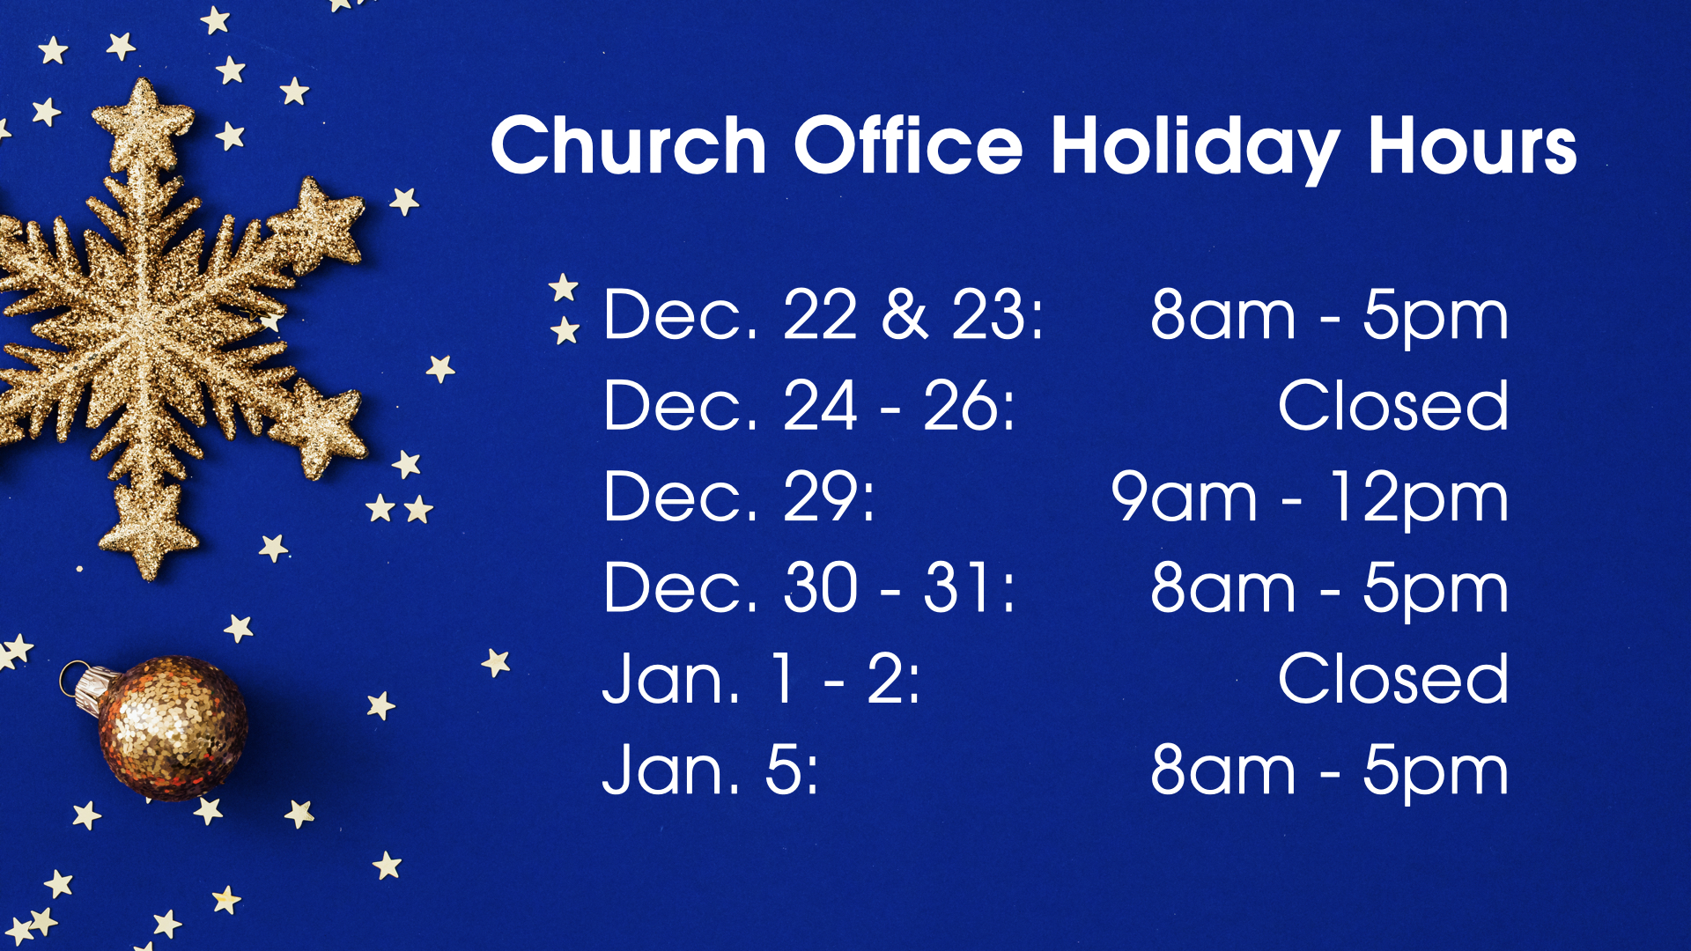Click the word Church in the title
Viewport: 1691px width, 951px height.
[x=629, y=145]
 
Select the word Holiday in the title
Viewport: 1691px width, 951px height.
[x=1195, y=150]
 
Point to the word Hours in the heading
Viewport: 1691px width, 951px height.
[x=1472, y=146]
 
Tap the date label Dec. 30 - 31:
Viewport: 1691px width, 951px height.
[x=809, y=587]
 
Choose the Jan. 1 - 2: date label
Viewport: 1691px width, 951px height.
[x=761, y=679]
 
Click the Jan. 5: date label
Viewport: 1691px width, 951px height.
[x=711, y=770]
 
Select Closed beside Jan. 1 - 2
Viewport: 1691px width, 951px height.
[x=1393, y=679]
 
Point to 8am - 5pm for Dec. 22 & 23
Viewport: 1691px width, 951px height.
[x=1330, y=318]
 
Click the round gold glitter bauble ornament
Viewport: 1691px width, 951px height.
[x=172, y=727]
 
